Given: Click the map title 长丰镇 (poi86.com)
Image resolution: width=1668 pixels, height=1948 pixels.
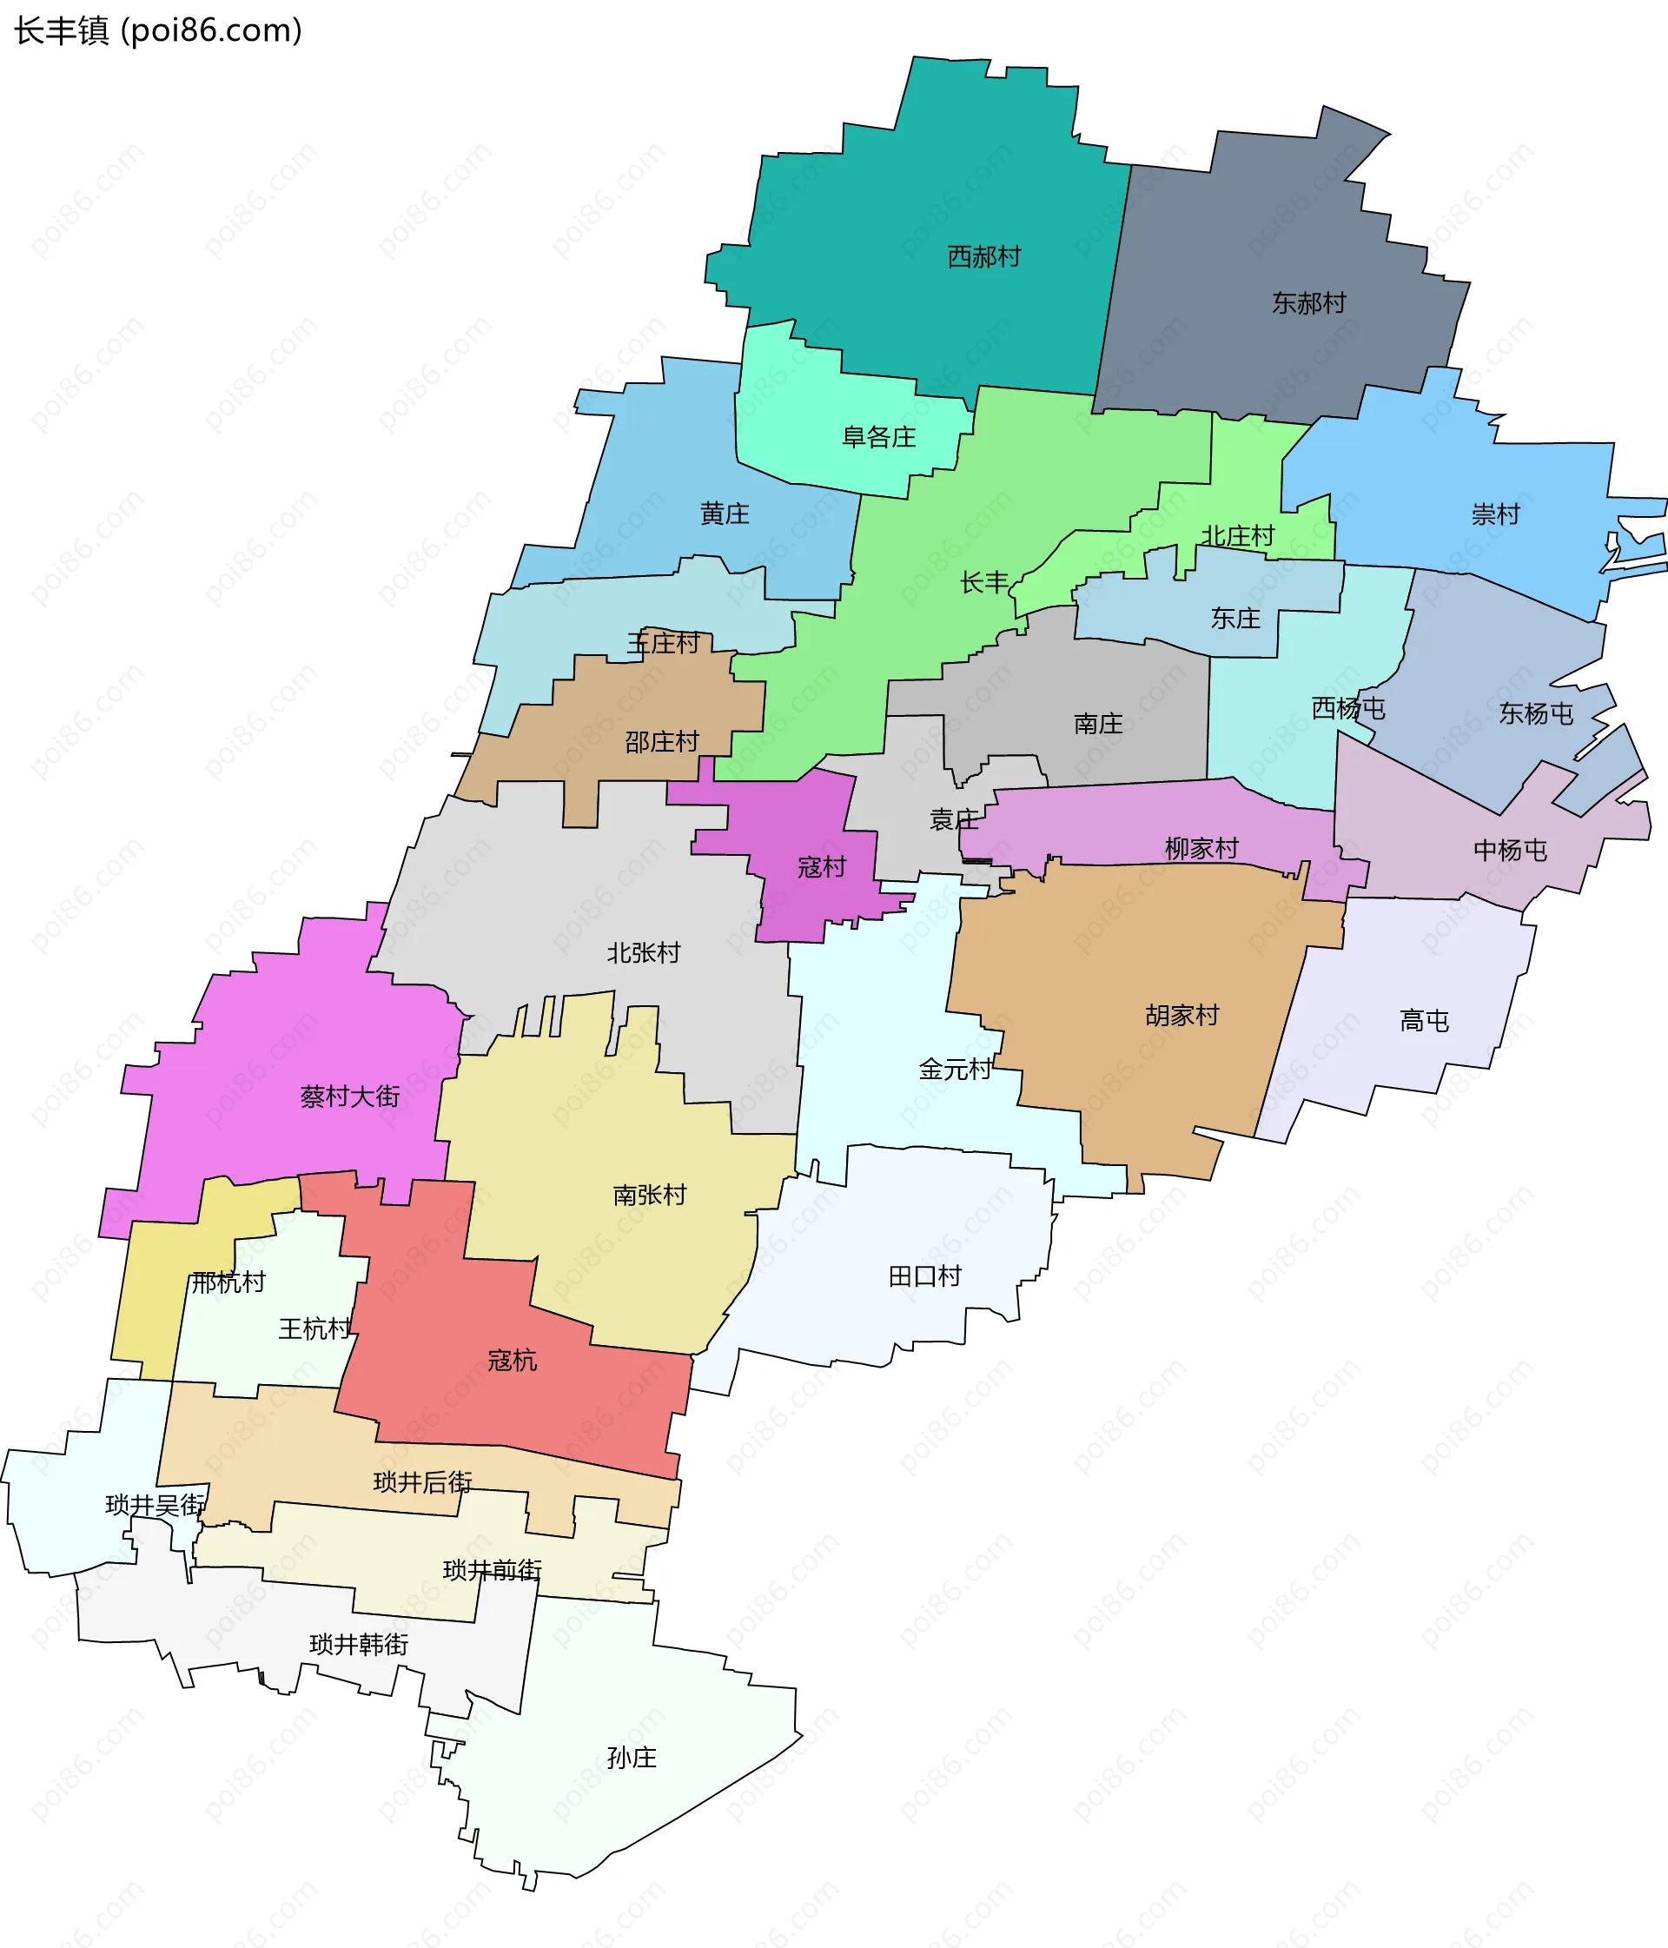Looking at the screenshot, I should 158,31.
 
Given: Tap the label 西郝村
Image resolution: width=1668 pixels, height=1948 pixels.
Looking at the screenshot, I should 983,256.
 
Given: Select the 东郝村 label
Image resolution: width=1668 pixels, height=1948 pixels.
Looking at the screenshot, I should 1309,302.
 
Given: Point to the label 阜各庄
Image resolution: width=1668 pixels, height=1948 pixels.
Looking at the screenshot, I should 878,437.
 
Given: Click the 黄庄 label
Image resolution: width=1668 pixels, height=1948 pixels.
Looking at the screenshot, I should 725,514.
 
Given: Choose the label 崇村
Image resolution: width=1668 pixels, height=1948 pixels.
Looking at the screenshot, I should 1495,514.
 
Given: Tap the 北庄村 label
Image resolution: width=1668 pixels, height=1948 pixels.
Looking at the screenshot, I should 1237,536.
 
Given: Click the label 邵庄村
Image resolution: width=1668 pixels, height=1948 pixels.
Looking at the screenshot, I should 662,742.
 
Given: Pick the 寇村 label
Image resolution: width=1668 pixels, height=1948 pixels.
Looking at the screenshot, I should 822,867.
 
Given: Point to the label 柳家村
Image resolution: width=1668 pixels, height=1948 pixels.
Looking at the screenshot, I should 1201,848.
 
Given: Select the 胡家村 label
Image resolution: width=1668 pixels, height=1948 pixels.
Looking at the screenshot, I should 1181,1016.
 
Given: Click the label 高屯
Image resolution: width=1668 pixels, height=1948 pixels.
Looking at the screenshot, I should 1425,1020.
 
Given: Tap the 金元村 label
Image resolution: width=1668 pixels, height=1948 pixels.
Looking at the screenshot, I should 955,1069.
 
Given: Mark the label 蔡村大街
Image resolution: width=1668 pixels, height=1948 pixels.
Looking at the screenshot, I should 350,1097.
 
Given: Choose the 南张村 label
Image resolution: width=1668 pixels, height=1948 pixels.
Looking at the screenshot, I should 650,1195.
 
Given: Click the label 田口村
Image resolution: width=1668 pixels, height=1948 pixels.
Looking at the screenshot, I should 925,1275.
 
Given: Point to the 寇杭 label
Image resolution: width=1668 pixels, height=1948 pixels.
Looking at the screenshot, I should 513,1361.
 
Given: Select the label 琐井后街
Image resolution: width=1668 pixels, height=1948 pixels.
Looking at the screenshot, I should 422,1482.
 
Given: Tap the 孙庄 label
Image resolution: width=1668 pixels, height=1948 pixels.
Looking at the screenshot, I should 632,1757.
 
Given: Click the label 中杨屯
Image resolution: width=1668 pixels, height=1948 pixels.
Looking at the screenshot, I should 1510,850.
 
